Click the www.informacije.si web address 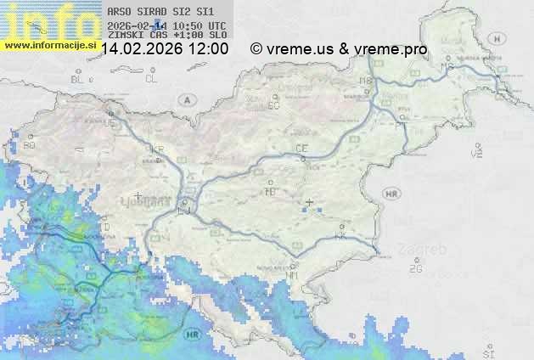50,44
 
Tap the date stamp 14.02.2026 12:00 165,49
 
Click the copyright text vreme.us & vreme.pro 339,49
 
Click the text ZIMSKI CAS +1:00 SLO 167,36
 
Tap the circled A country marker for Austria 185,99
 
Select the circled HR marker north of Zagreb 391,194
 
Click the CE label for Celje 301,149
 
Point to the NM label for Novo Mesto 293,275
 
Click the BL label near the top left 79,79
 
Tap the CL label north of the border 151,79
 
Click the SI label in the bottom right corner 487,352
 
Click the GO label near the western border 30,145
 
